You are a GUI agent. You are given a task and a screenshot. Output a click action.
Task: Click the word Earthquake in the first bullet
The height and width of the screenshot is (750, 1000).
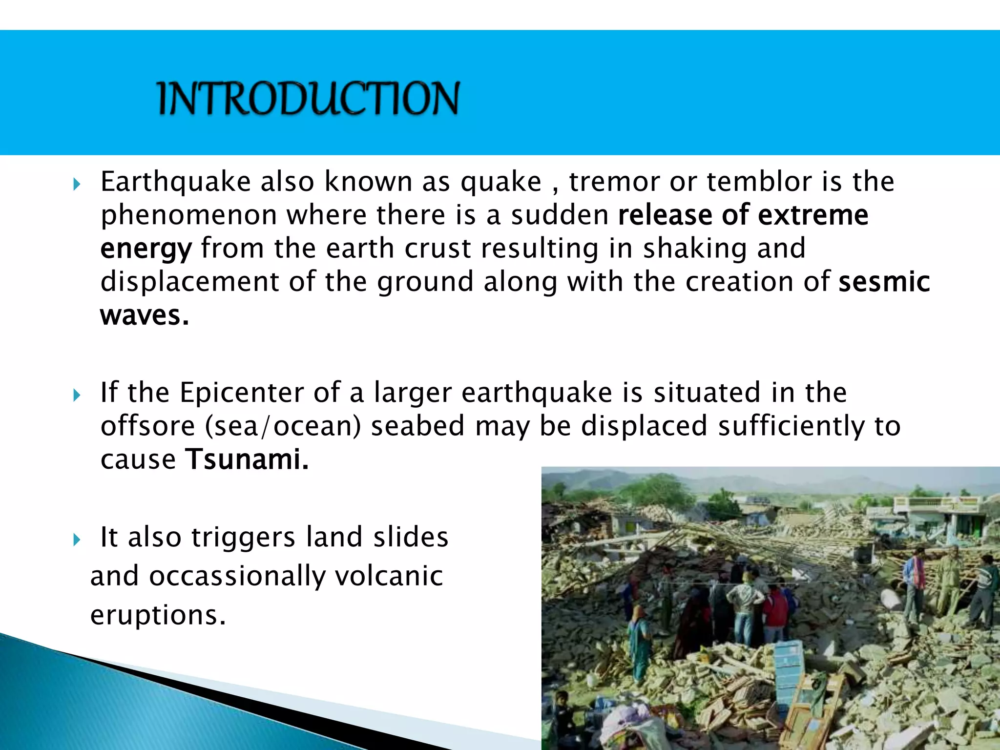(175, 182)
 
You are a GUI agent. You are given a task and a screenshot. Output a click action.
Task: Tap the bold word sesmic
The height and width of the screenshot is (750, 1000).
(884, 282)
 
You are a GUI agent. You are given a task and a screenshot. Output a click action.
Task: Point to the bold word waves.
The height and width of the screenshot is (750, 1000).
(144, 315)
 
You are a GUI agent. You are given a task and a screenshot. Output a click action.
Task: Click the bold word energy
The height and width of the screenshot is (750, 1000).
(146, 249)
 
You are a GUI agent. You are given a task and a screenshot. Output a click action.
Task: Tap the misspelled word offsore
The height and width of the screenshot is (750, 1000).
(147, 426)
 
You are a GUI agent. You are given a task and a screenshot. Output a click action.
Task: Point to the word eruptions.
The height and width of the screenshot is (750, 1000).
(158, 615)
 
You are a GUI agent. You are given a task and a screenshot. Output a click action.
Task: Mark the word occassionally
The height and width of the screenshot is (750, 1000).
(237, 577)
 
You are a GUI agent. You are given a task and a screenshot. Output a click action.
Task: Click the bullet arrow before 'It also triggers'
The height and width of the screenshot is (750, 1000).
(76, 540)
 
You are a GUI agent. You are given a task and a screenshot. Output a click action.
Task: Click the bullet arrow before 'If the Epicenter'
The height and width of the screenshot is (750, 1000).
(76, 395)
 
